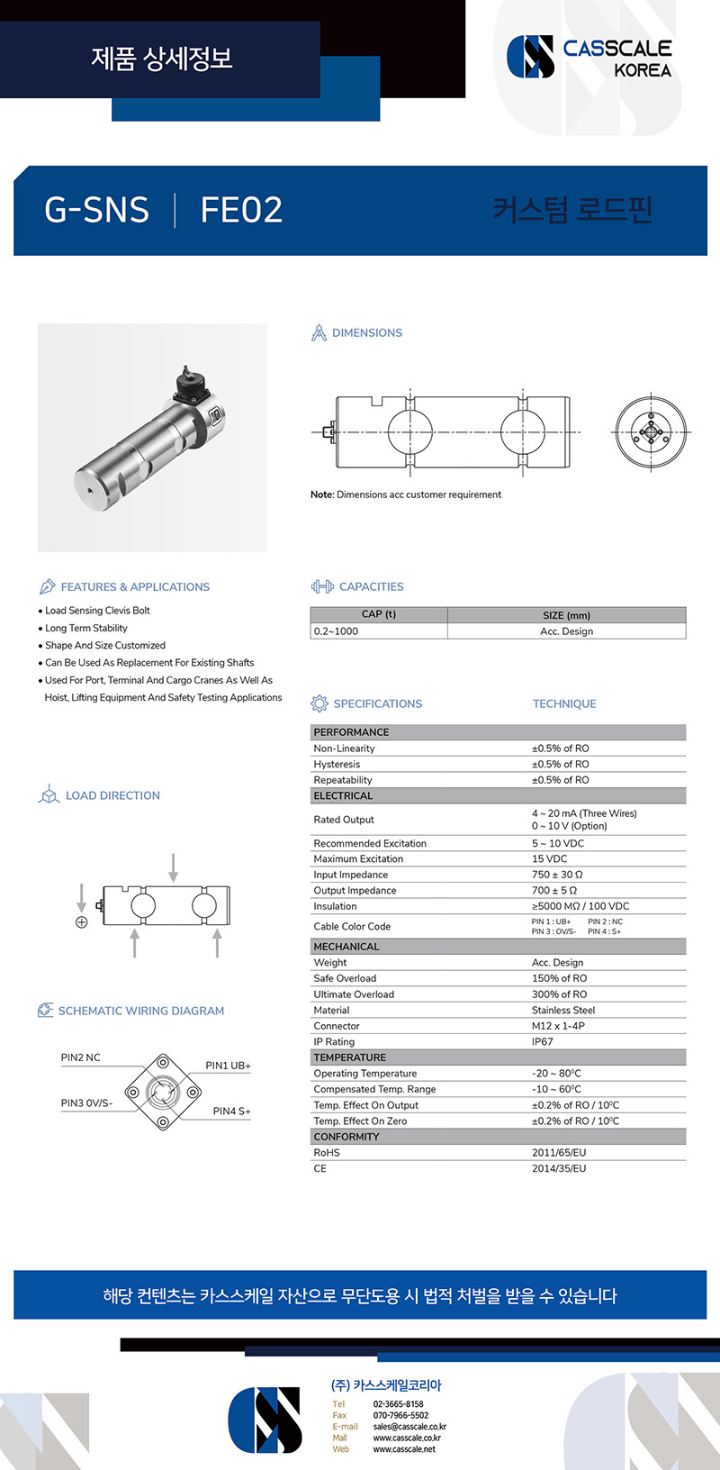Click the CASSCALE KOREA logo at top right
(x=589, y=57)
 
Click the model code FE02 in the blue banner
(x=241, y=210)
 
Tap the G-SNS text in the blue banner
(x=96, y=210)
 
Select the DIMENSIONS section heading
(x=366, y=332)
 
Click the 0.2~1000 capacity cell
(x=336, y=631)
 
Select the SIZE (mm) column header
(x=566, y=615)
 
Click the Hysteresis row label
(x=337, y=764)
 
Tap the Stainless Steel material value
(x=563, y=1010)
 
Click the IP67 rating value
(x=543, y=1041)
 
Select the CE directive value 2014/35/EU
(x=559, y=1168)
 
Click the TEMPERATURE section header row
(x=350, y=1057)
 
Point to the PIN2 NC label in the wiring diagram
(x=81, y=1057)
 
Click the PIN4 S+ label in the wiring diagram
(x=231, y=1112)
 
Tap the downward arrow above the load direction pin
(x=174, y=867)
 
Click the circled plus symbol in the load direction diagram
(x=82, y=922)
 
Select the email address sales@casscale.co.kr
(x=409, y=1427)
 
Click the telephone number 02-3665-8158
(x=398, y=1404)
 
